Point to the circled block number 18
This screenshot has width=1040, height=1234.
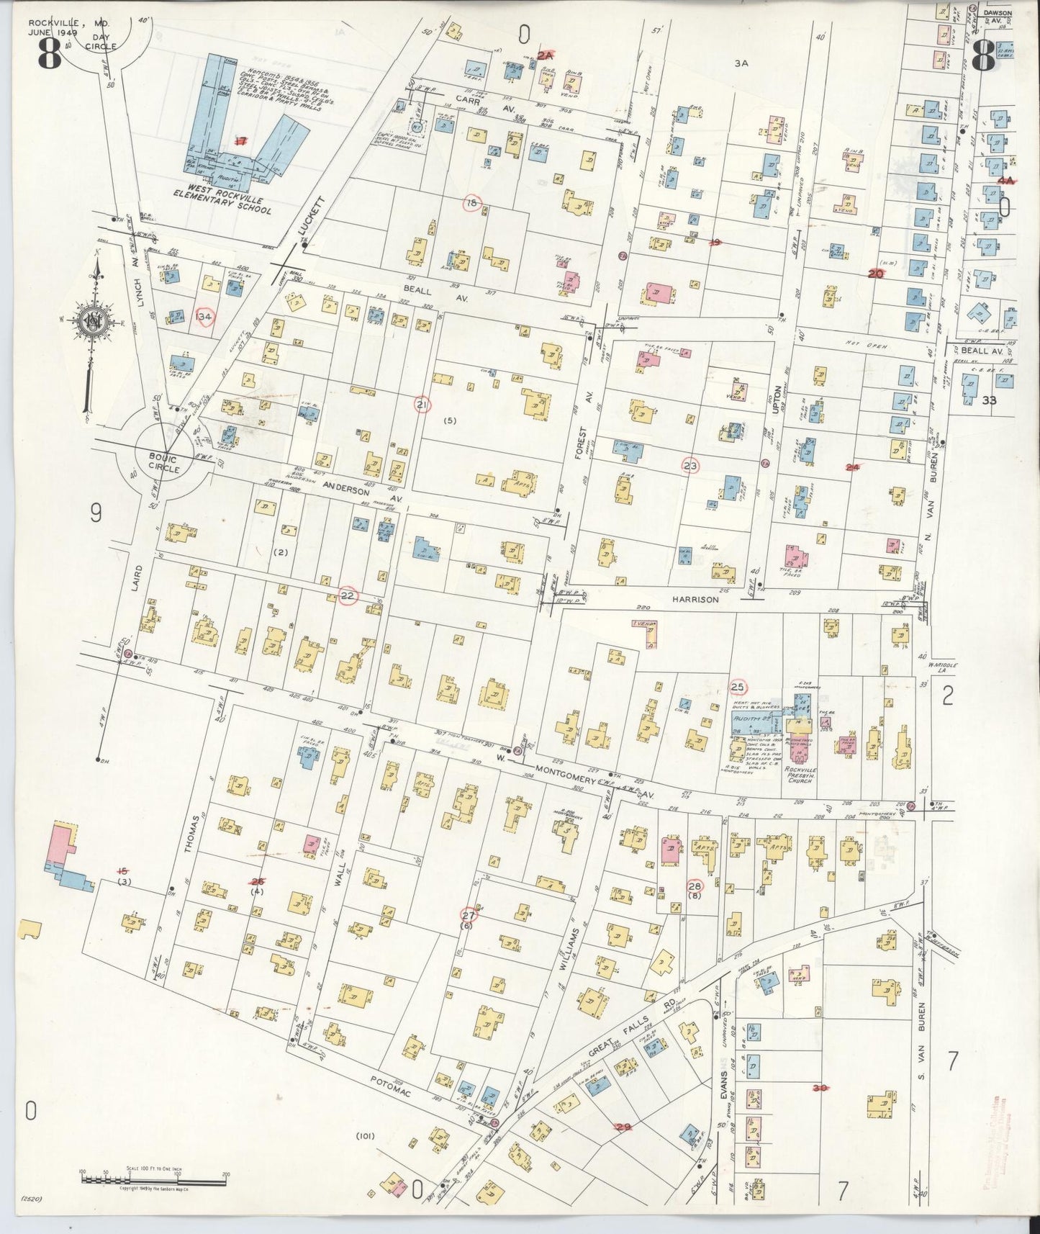tap(471, 203)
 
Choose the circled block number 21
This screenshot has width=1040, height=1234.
tap(422, 405)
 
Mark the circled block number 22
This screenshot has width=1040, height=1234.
tap(348, 595)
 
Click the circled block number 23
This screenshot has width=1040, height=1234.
tap(690, 466)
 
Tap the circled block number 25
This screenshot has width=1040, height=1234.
tap(738, 685)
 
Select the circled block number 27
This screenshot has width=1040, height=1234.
tap(469, 915)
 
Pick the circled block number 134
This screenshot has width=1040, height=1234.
tap(204, 316)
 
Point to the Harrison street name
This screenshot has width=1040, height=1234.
tap(696, 598)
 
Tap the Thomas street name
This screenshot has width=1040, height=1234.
tap(190, 835)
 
